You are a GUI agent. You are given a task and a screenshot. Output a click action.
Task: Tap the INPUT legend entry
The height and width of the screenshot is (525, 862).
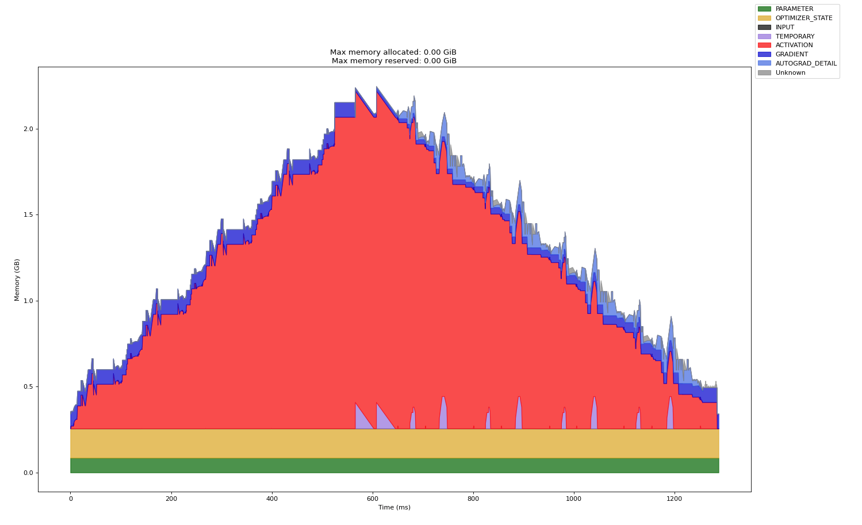[x=784, y=27]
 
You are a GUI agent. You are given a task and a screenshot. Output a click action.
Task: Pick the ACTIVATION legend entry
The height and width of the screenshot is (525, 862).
[x=794, y=45]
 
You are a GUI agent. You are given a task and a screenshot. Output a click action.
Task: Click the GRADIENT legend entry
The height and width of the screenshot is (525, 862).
[x=791, y=55]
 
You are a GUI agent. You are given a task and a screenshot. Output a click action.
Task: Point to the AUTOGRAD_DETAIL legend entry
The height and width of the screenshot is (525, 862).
[x=806, y=64]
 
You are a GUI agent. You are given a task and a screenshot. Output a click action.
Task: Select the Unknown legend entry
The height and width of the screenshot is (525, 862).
[x=790, y=73]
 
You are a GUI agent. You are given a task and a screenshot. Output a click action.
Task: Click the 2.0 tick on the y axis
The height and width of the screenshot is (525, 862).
[x=28, y=129]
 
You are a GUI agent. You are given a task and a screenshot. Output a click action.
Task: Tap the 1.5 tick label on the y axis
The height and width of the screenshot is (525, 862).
[x=28, y=214]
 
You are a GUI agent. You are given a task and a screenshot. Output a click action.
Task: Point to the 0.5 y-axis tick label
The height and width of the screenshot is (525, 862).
[x=28, y=386]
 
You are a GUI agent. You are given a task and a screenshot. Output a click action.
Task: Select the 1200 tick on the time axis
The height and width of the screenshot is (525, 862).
[x=674, y=499]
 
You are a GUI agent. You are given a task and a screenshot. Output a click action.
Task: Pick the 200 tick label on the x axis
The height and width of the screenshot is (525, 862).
[x=171, y=499]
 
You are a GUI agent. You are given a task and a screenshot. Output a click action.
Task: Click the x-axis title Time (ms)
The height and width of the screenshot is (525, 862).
[x=394, y=508]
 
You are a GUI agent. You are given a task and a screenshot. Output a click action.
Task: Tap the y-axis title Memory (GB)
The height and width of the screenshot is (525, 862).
[x=17, y=279]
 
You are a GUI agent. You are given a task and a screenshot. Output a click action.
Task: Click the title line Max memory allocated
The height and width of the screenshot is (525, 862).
[x=394, y=52]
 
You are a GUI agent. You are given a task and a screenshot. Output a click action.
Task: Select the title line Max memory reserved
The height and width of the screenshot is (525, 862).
[x=394, y=61]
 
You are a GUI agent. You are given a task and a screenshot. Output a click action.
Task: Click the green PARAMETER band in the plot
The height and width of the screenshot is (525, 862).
[x=394, y=465]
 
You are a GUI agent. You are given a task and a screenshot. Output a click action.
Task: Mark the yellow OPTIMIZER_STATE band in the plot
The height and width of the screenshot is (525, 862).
[x=394, y=443]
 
